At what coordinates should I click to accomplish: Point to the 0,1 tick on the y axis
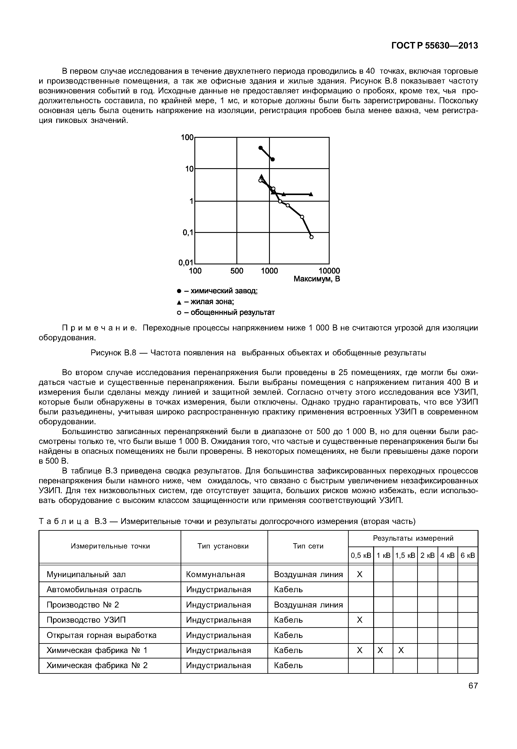187,232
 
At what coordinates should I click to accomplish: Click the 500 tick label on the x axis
237,271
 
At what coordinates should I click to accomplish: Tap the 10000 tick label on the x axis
329,271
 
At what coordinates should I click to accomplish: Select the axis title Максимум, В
317,279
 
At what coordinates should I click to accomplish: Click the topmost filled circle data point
260,148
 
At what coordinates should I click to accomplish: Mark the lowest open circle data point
312,237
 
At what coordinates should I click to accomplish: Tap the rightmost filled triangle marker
311,194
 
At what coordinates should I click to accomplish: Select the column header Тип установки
223,546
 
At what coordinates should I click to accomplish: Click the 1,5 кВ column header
405,556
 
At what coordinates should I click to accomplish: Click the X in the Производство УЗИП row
360,620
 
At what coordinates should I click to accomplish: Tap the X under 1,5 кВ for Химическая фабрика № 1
401,650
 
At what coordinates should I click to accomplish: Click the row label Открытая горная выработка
101,635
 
